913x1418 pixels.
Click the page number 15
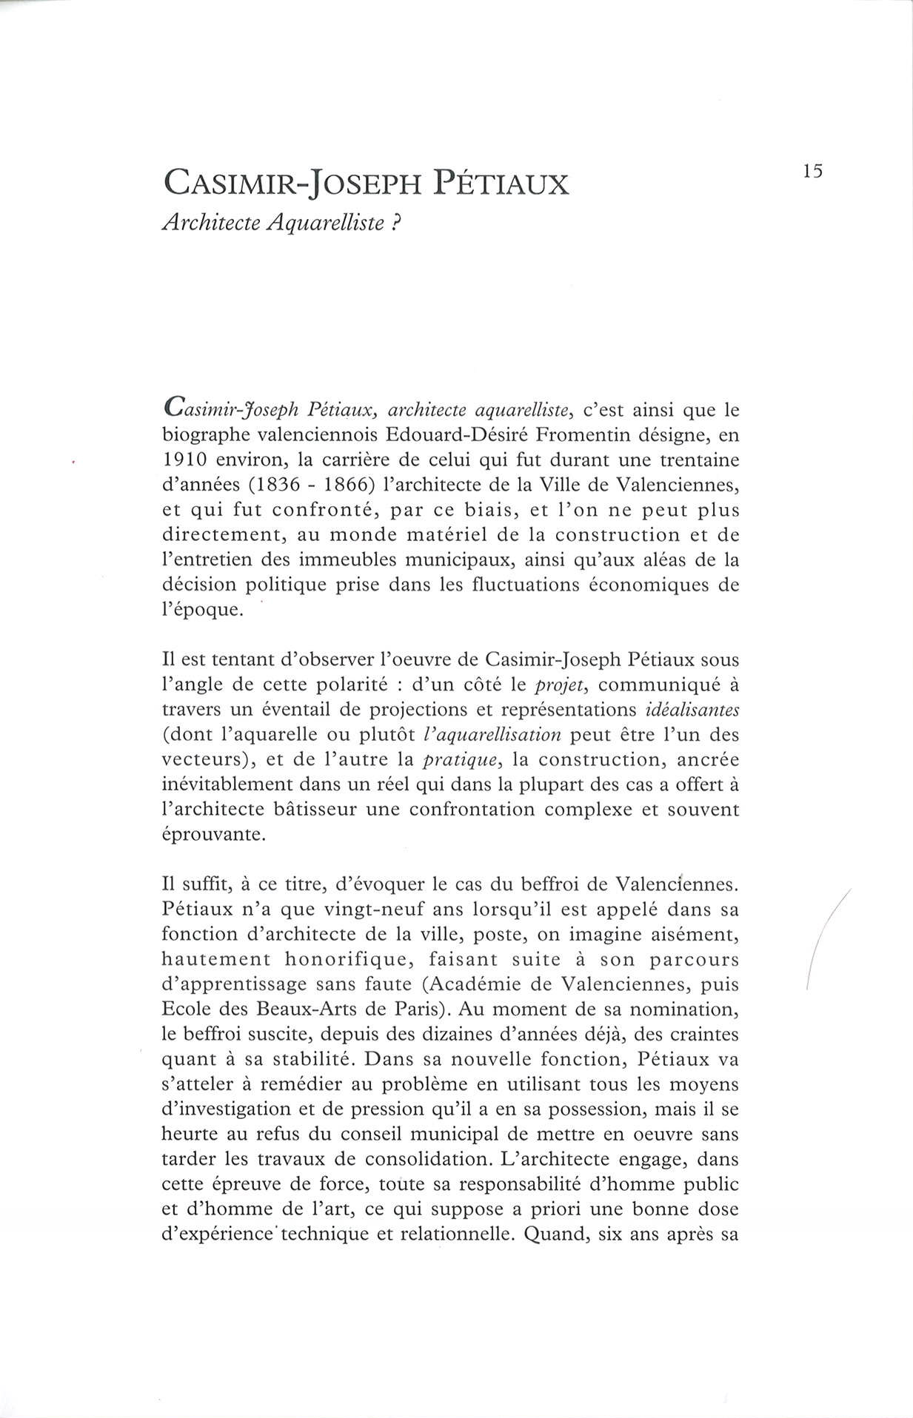coord(812,171)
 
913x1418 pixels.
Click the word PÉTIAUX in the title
coord(501,183)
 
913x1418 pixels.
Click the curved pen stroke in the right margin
coord(823,936)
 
